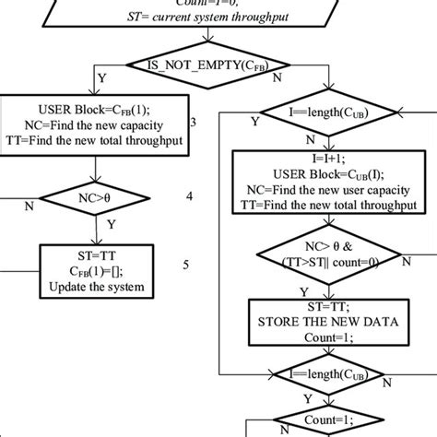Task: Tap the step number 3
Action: point(191,122)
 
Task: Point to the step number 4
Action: point(190,196)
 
